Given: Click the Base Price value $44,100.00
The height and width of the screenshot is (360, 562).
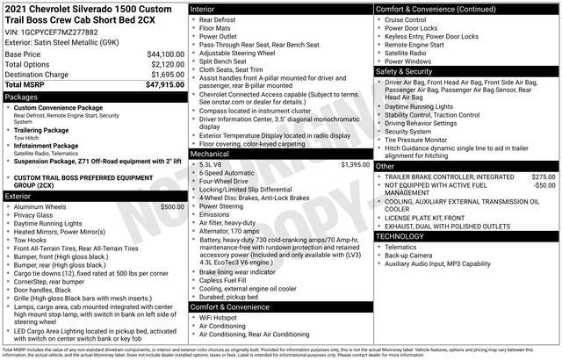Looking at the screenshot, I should tap(159, 54).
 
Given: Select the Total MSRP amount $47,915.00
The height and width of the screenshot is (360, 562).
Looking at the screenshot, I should tap(159, 86).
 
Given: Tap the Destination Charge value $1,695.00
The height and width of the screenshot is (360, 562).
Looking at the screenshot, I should tap(162, 76).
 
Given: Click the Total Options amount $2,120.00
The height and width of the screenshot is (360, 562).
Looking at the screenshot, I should tap(162, 65).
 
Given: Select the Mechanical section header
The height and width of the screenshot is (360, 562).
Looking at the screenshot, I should tap(210, 153).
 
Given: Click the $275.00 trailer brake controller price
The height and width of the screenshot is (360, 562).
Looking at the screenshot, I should tap(543, 177).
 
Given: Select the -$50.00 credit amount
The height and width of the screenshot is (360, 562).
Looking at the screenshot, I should tap(544, 186).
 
